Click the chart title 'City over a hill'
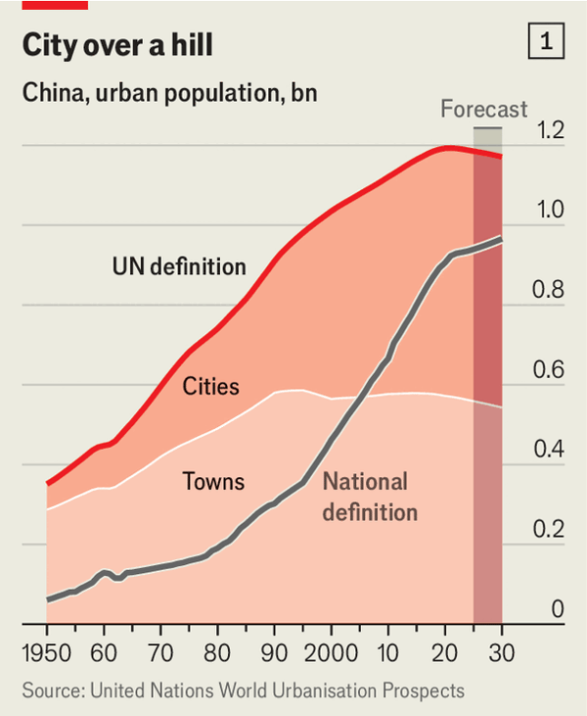click(117, 46)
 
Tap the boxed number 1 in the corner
click(545, 41)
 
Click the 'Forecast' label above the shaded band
click(483, 109)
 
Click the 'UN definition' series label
click(179, 266)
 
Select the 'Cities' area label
click(210, 387)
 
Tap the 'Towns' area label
click(213, 482)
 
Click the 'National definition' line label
click(370, 497)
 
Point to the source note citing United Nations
click(243, 691)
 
